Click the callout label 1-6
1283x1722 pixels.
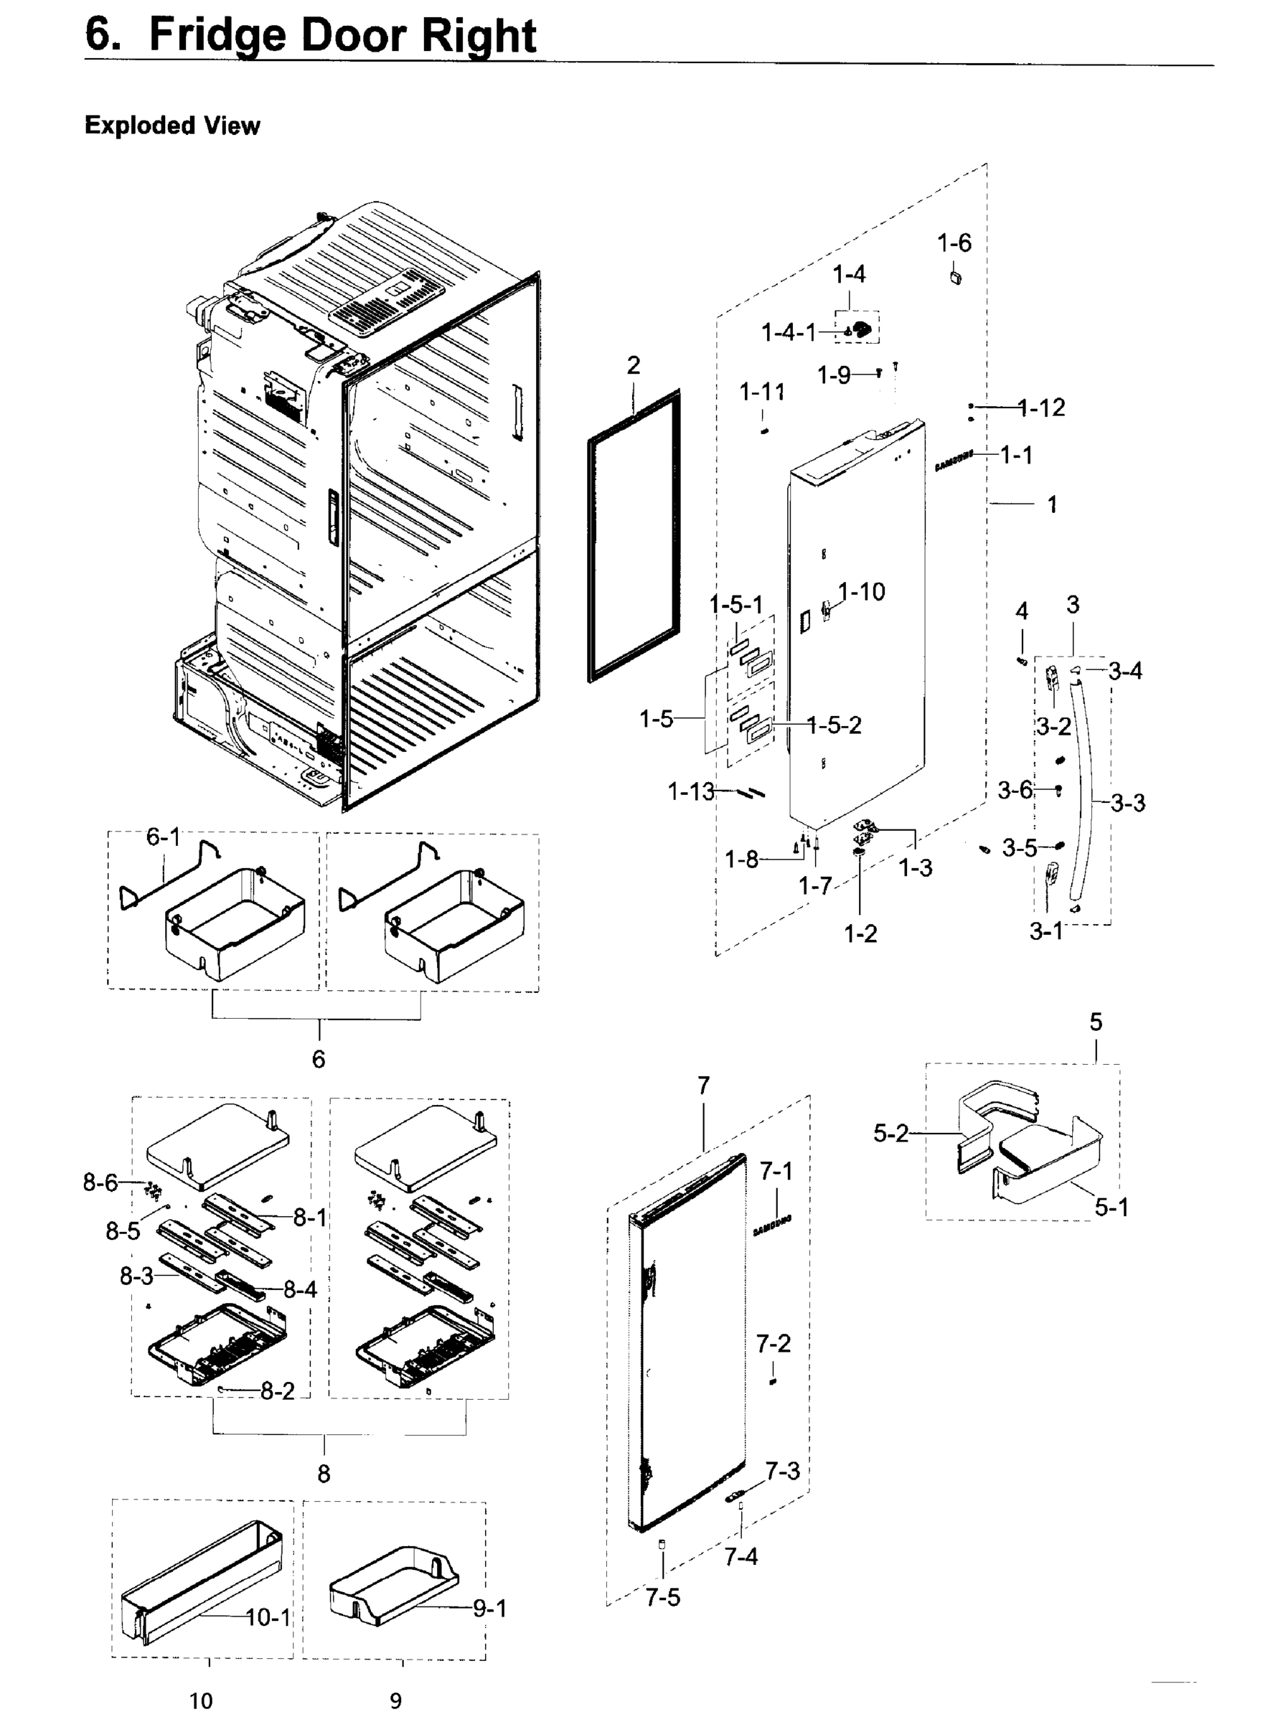[954, 243]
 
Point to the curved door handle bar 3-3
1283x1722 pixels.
[1086, 784]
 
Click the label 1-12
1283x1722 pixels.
[1041, 408]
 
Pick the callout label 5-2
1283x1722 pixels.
[890, 1134]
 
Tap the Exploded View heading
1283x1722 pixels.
[172, 125]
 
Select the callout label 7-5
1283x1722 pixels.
[662, 1597]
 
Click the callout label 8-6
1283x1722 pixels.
[100, 1182]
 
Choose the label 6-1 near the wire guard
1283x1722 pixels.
[163, 837]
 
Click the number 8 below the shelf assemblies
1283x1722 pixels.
[323, 1473]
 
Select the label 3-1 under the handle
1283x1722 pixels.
[1046, 931]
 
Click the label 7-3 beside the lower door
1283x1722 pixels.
[782, 1471]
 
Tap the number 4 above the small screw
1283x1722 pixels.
[1022, 612]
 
